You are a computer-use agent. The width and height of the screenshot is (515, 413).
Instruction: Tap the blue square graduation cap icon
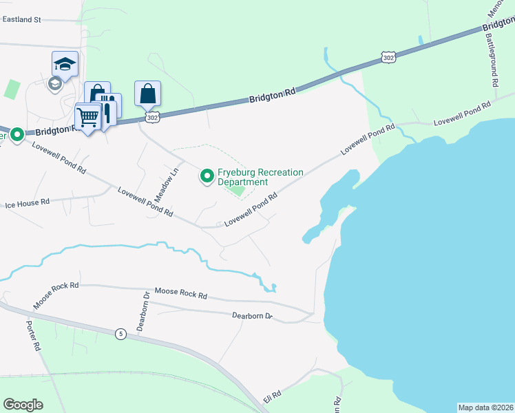coord(65,64)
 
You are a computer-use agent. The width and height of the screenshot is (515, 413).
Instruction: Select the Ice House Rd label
coord(28,204)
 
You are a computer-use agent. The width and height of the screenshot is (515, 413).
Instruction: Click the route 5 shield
coord(121,335)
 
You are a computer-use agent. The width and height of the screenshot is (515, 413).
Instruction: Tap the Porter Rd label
coord(34,336)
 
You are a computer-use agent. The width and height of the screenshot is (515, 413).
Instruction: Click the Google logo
coord(23,405)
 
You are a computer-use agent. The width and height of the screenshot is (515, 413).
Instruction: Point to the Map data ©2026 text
coord(485,407)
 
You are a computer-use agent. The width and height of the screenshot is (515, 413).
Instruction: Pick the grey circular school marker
coord(54,84)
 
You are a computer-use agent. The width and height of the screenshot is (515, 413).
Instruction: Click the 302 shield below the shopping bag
coord(153,118)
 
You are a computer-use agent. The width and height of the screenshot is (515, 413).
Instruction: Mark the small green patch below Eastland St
coord(12,89)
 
